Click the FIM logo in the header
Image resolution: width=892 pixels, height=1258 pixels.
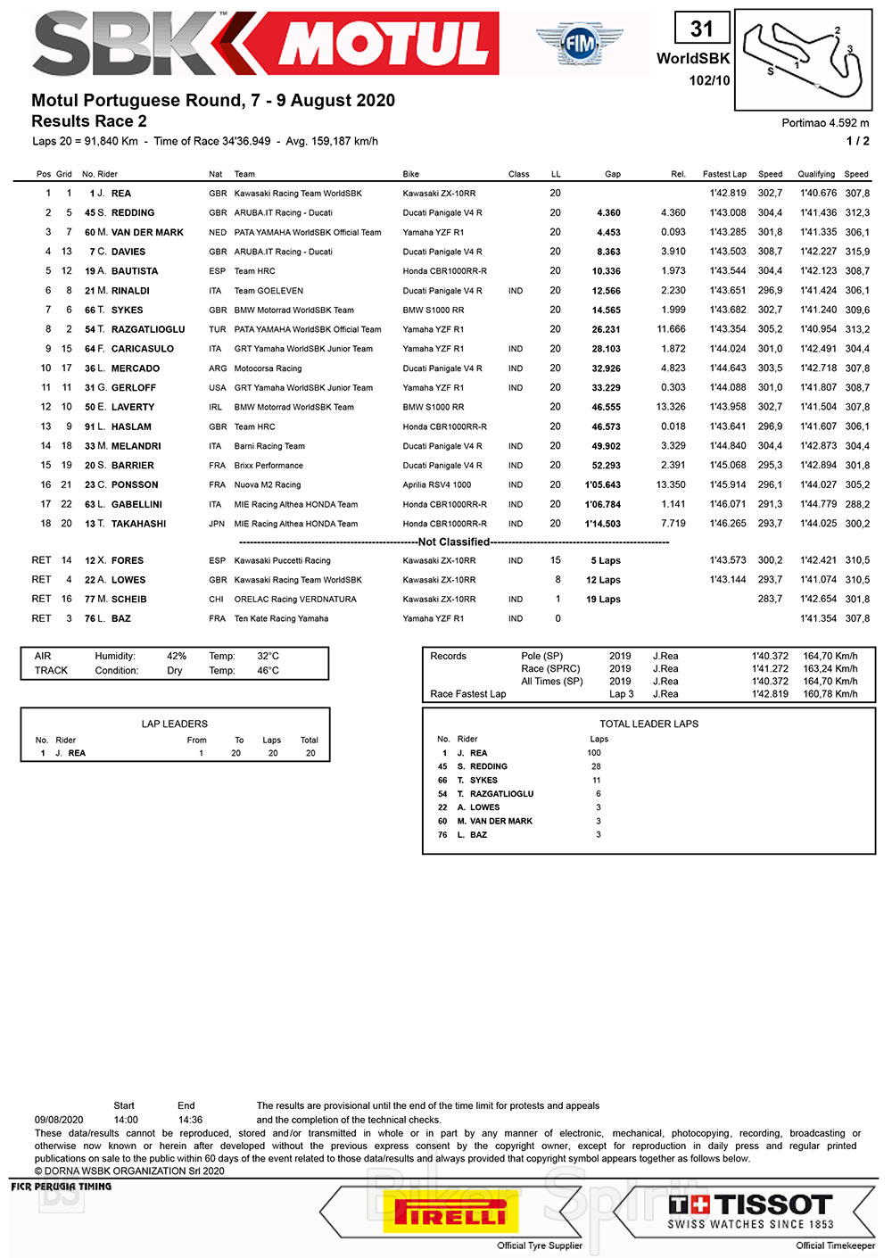580,42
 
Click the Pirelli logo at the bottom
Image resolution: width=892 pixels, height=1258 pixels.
450,1213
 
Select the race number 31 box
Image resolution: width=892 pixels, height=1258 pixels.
702,29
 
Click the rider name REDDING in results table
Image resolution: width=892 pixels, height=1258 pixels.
133,212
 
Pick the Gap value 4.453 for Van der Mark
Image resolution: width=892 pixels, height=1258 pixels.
608,232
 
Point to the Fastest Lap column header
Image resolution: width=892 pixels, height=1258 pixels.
724,174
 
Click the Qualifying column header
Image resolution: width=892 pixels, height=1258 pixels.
816,174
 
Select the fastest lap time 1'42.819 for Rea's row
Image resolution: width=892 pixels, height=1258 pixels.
728,193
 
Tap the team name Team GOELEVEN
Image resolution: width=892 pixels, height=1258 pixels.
268,291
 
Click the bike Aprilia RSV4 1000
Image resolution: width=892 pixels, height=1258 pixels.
437,484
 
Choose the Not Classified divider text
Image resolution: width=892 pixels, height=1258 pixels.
454,542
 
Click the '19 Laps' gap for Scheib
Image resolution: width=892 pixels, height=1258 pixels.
603,600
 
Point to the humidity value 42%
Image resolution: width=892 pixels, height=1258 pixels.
177,656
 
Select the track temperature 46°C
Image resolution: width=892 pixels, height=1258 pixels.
268,670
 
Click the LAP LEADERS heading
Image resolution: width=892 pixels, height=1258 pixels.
174,724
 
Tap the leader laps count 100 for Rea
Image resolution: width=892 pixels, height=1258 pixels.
594,753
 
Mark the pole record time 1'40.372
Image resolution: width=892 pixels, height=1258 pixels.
770,656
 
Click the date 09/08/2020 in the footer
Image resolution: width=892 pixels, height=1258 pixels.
59,1120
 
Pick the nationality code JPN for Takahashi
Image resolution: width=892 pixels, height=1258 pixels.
217,524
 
